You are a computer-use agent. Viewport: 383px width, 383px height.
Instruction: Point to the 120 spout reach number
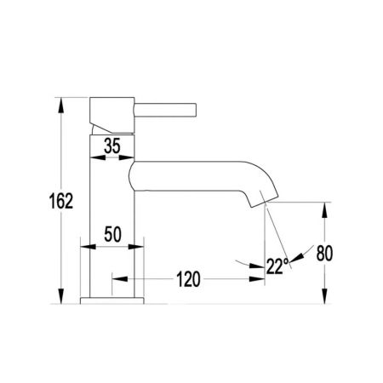click(x=189, y=277)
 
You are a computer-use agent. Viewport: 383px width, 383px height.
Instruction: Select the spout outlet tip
click(x=263, y=202)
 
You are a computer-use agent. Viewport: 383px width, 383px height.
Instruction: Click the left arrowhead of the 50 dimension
click(x=85, y=248)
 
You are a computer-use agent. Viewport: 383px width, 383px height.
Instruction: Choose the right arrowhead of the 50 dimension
click(x=137, y=248)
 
